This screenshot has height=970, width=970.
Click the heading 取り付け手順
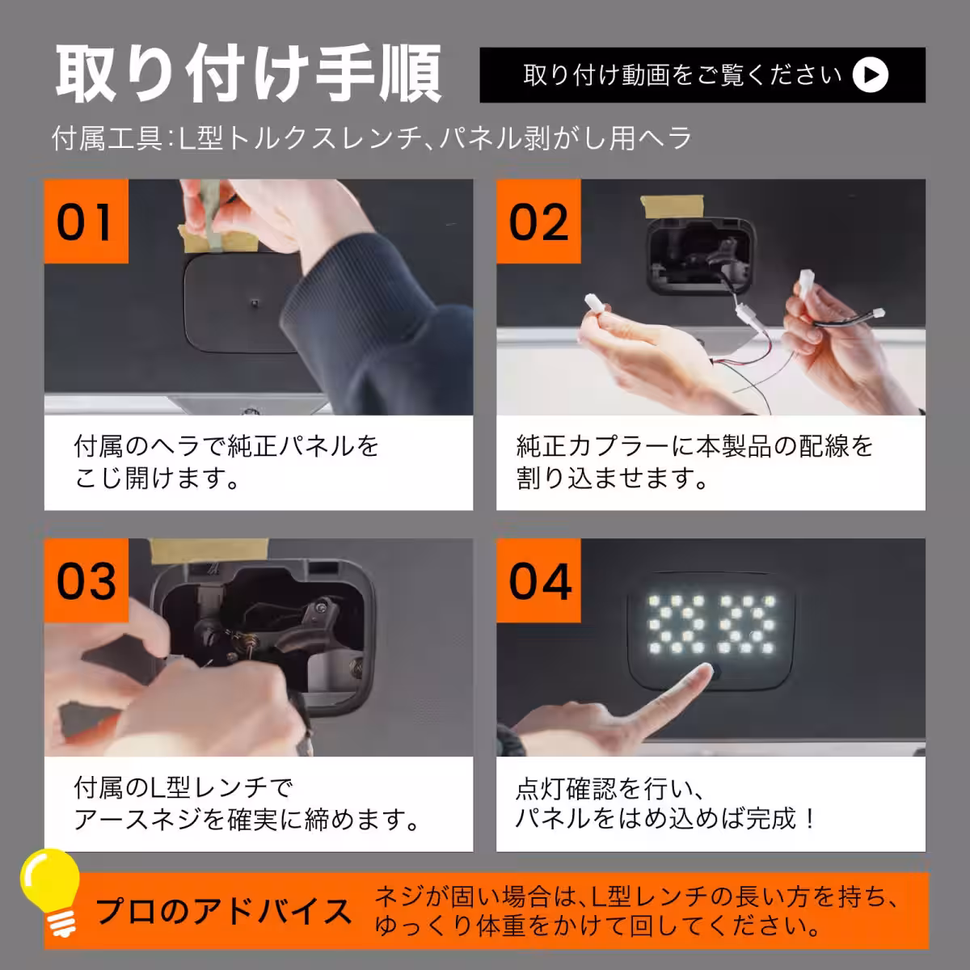248,74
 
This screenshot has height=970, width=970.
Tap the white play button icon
871,75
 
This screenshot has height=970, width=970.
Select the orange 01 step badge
86,221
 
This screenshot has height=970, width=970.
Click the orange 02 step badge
538,221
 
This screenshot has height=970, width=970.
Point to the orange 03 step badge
86,580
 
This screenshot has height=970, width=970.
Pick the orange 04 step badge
538,580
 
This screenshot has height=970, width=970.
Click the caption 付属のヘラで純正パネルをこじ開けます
226,462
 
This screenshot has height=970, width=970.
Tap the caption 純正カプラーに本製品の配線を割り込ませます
694,462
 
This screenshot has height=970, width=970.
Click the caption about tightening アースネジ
247,803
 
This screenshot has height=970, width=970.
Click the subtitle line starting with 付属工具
372,138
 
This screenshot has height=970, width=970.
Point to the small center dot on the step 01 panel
254,303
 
